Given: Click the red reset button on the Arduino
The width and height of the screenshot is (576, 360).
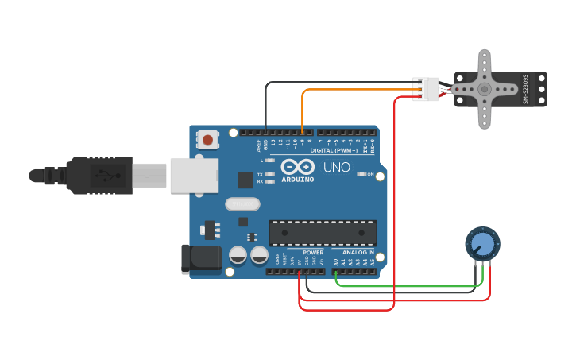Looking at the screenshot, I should pyautogui.click(x=207, y=140).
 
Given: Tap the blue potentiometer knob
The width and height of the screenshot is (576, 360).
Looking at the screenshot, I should pyautogui.click(x=481, y=243).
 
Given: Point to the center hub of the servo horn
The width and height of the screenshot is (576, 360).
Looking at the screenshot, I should pyautogui.click(x=485, y=90).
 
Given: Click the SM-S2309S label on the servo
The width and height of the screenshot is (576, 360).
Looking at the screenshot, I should pyautogui.click(x=525, y=89).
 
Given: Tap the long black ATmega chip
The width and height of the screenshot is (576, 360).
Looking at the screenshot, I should pyautogui.click(x=323, y=233).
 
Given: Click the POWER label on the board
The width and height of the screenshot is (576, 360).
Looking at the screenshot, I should pyautogui.click(x=312, y=253).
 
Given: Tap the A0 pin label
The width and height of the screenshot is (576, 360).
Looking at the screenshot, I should pyautogui.click(x=335, y=261).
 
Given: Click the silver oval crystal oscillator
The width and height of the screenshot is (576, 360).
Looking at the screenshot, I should pyautogui.click(x=242, y=204).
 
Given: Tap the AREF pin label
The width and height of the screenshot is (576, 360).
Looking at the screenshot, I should pyautogui.click(x=258, y=145).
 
